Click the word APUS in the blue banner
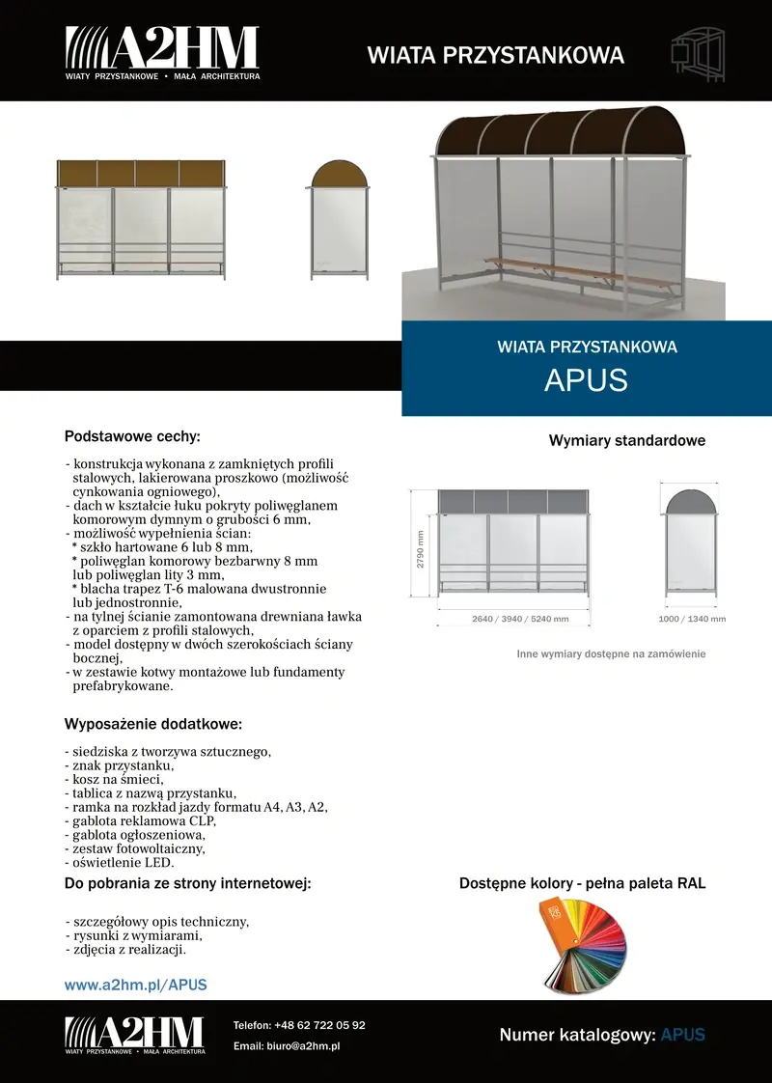pos(586,380)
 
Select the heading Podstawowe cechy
pos(132,436)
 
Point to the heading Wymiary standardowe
pos(627,441)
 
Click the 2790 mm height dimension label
pos(421,550)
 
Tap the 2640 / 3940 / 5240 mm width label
pos(520,619)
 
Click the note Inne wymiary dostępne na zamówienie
pos(611,653)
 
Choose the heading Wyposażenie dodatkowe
pos(152,724)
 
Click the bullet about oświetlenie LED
pos(119,862)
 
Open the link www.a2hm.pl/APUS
pos(136,986)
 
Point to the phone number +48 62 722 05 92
pos(319,1025)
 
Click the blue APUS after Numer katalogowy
pos(682,1035)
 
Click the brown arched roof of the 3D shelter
pos(560,133)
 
